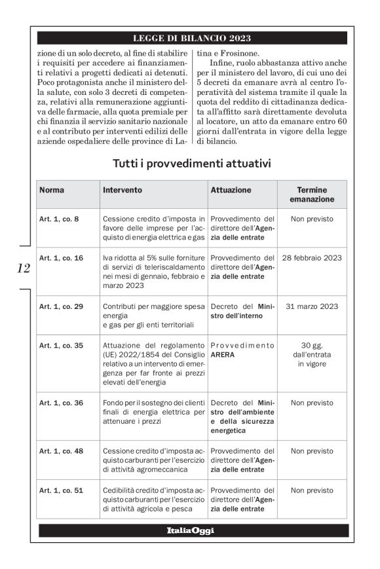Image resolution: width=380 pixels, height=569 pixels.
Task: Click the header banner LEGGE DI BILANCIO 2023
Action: coord(191,38)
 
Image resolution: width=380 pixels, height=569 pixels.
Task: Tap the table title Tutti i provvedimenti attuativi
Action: coord(191,162)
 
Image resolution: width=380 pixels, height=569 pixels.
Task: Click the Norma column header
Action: coord(52,190)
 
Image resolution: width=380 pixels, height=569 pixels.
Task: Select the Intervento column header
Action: coord(122,190)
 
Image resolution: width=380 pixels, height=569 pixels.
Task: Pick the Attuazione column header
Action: coord(231,190)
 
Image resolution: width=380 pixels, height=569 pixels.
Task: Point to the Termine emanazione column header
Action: coord(311,194)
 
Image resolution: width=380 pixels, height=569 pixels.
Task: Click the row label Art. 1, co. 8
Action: coord(59,219)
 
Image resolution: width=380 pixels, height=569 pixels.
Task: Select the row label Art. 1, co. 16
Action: coord(61,258)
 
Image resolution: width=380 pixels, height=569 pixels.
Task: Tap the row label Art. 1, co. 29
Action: coord(61,306)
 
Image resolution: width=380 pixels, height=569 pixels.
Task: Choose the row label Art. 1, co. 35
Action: coord(61,345)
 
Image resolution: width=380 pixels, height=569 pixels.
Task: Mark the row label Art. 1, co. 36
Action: coord(61,403)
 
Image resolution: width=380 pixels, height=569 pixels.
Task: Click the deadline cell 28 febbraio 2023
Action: coord(311,258)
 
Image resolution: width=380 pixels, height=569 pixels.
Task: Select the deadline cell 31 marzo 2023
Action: coord(311,306)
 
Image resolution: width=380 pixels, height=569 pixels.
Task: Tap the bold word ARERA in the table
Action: coord(223,355)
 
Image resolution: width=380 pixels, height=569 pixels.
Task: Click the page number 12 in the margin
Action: coord(24,268)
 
